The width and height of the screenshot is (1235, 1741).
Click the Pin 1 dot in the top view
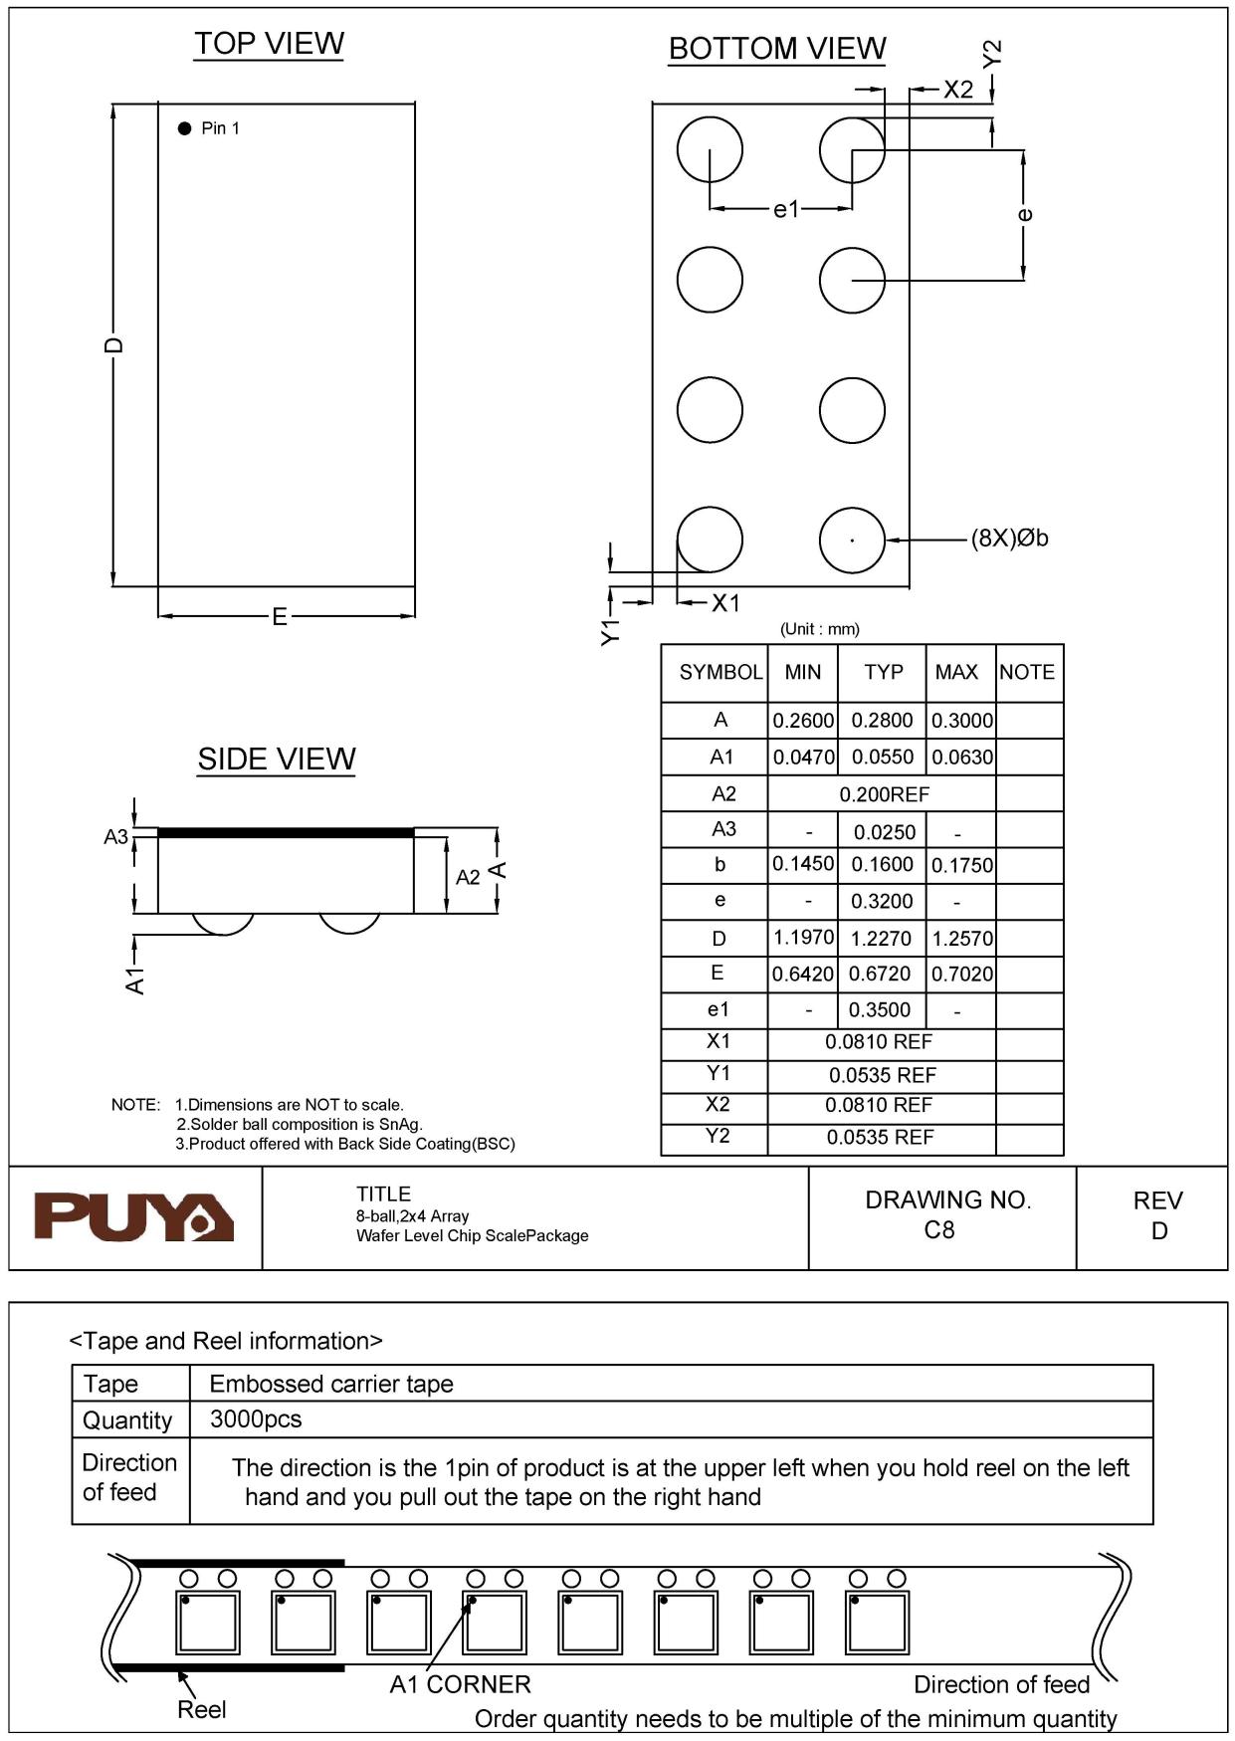pyautogui.click(x=184, y=128)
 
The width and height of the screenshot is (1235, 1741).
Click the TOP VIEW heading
pyautogui.click(x=269, y=44)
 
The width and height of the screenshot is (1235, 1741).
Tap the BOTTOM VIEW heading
pyautogui.click(x=776, y=49)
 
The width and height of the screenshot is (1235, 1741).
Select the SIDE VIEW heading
pyautogui.click(x=276, y=760)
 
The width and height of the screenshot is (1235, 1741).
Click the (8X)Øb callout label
pyautogui.click(x=1009, y=539)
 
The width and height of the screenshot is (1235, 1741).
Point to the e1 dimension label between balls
pyautogui.click(x=785, y=209)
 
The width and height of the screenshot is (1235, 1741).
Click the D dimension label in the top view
pyautogui.click(x=114, y=345)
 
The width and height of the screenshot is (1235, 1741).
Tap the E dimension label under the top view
pyautogui.click(x=280, y=617)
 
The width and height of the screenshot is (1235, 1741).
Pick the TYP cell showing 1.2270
pyautogui.click(x=881, y=939)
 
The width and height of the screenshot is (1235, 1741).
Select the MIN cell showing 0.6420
pyautogui.click(x=802, y=975)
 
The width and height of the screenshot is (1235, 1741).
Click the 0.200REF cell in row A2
pyautogui.click(x=884, y=794)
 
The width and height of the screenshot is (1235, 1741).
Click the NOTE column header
pyautogui.click(x=1027, y=672)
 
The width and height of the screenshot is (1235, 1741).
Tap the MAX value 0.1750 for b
pyautogui.click(x=961, y=866)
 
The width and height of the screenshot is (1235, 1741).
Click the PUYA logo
pyautogui.click(x=134, y=1217)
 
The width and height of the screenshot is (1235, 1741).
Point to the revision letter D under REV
pyautogui.click(x=1158, y=1231)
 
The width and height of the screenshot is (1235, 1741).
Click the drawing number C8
pyautogui.click(x=938, y=1230)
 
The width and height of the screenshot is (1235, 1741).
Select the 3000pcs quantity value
pyautogui.click(x=256, y=1419)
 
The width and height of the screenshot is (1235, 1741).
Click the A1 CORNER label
pyautogui.click(x=460, y=1684)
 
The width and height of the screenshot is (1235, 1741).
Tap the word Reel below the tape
pyautogui.click(x=201, y=1709)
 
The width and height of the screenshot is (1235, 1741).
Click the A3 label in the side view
pyautogui.click(x=116, y=836)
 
